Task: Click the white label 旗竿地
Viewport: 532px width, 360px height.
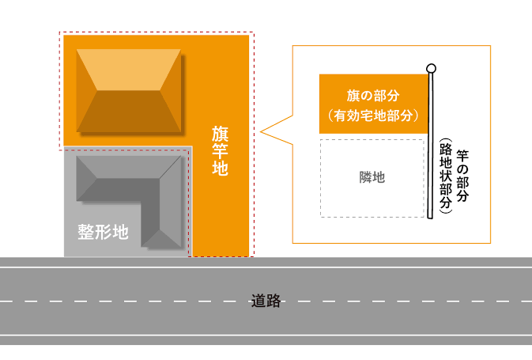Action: point(220,150)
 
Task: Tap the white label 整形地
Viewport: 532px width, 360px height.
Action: point(103,232)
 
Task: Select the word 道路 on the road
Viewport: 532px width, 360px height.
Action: point(266,301)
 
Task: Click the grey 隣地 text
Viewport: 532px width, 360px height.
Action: point(372,177)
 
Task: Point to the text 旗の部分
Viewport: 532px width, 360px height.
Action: point(373,96)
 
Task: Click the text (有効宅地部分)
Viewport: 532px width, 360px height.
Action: point(373,116)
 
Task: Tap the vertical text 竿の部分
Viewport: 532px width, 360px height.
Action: point(462,176)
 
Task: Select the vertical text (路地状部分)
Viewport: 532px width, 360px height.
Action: point(446,176)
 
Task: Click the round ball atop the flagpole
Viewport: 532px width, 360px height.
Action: point(431,68)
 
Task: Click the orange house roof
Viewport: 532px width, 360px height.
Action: point(129,90)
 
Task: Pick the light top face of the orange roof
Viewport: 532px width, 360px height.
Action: point(129,70)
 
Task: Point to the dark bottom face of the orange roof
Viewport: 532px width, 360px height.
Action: point(129,112)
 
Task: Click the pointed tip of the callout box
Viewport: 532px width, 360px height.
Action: point(261,132)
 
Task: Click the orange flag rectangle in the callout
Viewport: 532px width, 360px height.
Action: point(373,104)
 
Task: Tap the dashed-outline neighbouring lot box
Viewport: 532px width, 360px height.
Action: point(372,178)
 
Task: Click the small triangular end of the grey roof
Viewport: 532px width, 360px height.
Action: point(160,239)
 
